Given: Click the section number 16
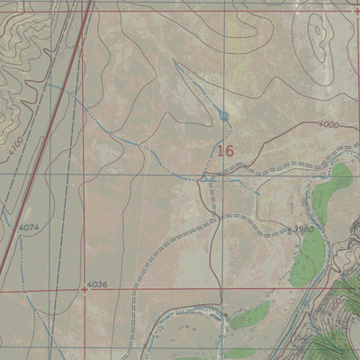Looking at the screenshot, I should pyautogui.click(x=224, y=151).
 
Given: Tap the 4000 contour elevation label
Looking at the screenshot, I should pyautogui.click(x=328, y=125).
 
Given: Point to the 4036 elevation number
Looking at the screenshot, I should pyautogui.click(x=98, y=285).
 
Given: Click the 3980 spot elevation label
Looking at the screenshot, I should pyautogui.click(x=303, y=230).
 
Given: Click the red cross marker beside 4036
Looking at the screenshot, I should pyautogui.click(x=84, y=290).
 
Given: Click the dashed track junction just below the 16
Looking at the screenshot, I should pyautogui.click(x=210, y=175).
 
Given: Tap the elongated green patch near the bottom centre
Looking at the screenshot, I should pyautogui.click(x=249, y=314).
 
